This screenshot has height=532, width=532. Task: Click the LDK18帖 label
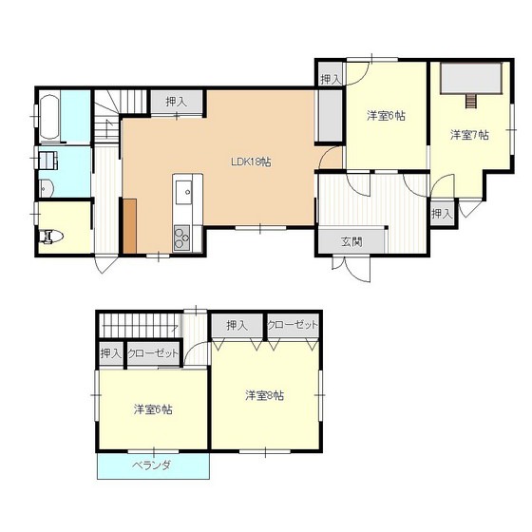click(x=251, y=161)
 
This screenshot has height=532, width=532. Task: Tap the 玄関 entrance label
click(x=351, y=241)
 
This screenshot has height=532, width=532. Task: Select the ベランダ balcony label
click(x=151, y=465)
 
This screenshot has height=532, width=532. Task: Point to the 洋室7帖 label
click(x=469, y=135)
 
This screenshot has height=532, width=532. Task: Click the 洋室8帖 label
click(x=265, y=395)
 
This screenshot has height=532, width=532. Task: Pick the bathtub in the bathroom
click(x=49, y=117)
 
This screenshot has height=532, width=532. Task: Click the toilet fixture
click(x=51, y=237)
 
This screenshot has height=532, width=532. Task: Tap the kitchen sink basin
click(x=183, y=192)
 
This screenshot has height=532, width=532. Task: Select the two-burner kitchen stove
click(x=181, y=237)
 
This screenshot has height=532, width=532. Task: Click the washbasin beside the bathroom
click(x=46, y=188)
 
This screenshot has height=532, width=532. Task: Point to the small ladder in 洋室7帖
click(x=471, y=101)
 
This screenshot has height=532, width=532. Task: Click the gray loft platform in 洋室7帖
click(x=471, y=78)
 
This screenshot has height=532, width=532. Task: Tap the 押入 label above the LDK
click(x=177, y=102)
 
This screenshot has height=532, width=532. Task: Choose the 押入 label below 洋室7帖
click(x=442, y=214)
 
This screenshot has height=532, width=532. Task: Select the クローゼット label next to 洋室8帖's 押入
click(x=294, y=325)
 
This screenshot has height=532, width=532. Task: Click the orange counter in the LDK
click(x=129, y=226)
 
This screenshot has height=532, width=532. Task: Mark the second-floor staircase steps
click(x=140, y=325)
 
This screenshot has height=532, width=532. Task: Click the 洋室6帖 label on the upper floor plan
click(x=386, y=116)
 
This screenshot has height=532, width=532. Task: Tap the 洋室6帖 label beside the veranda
click(x=153, y=409)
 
